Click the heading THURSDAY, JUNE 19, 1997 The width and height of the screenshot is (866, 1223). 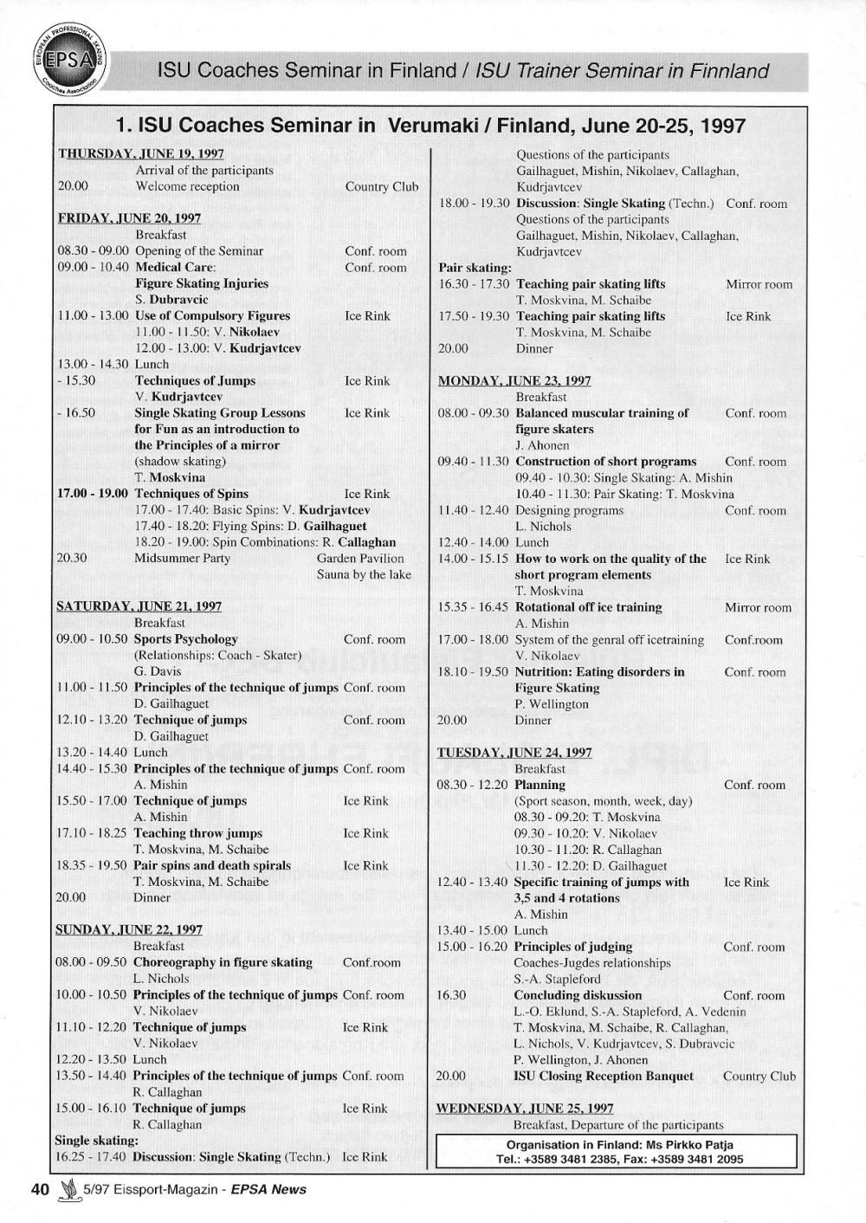[140, 153]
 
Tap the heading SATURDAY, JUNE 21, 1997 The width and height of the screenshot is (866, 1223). [139, 606]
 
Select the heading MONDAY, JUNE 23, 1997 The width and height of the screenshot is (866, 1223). [514, 380]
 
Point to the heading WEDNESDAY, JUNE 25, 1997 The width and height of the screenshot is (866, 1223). [525, 1108]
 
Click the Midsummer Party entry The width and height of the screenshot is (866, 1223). [182, 558]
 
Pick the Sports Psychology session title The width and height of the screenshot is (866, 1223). [185, 639]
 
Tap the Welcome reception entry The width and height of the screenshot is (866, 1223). [187, 186]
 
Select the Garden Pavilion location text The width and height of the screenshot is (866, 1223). [360, 558]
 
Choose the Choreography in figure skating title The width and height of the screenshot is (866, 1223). [223, 962]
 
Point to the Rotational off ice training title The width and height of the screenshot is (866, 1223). [588, 607]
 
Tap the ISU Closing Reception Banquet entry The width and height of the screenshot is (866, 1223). [604, 1076]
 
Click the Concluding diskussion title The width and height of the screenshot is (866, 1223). [578, 995]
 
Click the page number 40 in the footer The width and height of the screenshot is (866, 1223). [40, 1189]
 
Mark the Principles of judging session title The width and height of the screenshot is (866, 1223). [572, 947]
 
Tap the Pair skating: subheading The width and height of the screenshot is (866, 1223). [475, 268]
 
